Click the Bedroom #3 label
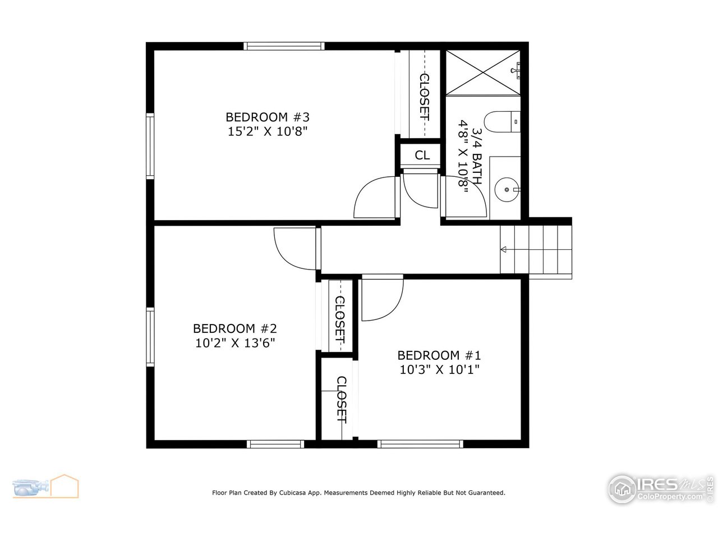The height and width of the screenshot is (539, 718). coord(268,117)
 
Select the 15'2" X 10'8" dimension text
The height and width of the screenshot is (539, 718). coord(268,132)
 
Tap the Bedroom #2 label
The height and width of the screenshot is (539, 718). coord(234,328)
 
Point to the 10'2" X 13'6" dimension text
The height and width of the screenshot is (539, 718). coord(234,342)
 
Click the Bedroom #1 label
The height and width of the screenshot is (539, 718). coord(439,355)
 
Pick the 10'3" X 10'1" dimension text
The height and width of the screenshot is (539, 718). coord(439,369)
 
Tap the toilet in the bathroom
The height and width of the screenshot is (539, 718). coord(502,121)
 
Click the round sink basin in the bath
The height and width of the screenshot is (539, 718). coord(508,189)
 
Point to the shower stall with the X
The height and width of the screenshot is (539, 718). coord(482,73)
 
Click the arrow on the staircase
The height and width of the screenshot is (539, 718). coord(504,249)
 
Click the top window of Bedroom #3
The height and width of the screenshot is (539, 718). coord(284,47)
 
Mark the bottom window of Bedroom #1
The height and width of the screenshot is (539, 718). coord(421,444)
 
